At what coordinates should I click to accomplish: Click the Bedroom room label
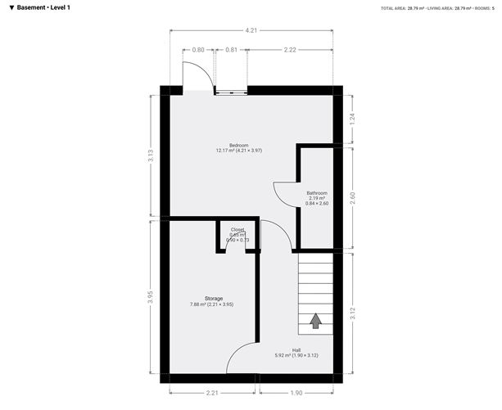(x=238, y=145)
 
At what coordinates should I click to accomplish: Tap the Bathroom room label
(x=316, y=193)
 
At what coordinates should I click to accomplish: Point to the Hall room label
(x=296, y=349)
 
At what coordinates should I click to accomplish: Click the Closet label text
(x=237, y=230)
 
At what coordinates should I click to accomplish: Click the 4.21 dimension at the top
(x=251, y=31)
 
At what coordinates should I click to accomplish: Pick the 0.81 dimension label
(x=231, y=50)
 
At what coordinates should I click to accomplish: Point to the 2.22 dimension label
(x=290, y=50)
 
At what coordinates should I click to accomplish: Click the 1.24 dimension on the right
(x=352, y=118)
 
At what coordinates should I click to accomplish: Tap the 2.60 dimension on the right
(x=352, y=197)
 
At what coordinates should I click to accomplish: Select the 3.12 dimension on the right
(x=352, y=311)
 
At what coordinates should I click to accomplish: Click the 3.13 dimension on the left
(x=150, y=155)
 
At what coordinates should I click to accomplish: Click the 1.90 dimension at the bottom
(x=296, y=393)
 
